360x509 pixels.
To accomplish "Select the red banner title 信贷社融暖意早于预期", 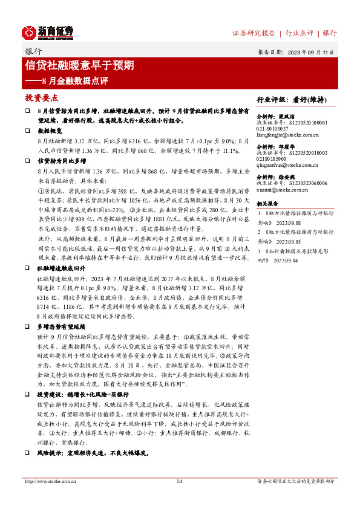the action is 79,65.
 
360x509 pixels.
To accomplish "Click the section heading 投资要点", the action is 41,98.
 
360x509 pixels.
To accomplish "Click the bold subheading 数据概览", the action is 50,131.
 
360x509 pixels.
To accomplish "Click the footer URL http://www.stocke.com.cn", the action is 50,481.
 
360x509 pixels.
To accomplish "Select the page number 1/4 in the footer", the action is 180,481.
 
